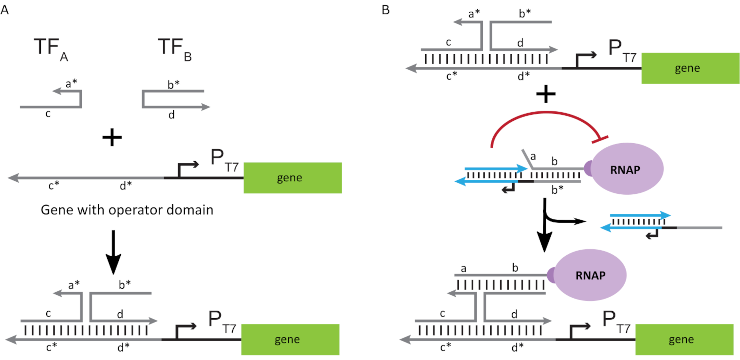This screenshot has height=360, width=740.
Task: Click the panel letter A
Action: (x=5, y=10)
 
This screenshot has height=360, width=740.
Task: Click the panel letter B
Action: (x=386, y=10)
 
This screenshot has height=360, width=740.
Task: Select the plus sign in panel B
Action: (x=546, y=94)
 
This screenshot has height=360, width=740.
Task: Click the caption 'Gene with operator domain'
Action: (x=127, y=210)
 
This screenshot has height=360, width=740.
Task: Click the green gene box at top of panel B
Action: (x=690, y=68)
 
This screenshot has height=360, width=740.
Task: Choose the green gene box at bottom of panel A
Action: (x=290, y=340)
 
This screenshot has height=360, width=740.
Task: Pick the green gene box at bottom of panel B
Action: (x=684, y=340)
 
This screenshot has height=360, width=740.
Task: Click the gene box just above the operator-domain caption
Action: (x=293, y=178)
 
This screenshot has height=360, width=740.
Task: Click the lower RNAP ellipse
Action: (x=590, y=275)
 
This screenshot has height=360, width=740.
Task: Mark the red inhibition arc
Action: (x=546, y=113)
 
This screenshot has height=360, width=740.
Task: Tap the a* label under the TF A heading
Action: (x=71, y=84)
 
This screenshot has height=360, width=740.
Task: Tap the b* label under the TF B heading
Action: (x=173, y=84)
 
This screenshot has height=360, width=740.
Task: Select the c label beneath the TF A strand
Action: (x=48, y=114)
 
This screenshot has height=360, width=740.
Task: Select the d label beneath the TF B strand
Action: (x=171, y=115)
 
